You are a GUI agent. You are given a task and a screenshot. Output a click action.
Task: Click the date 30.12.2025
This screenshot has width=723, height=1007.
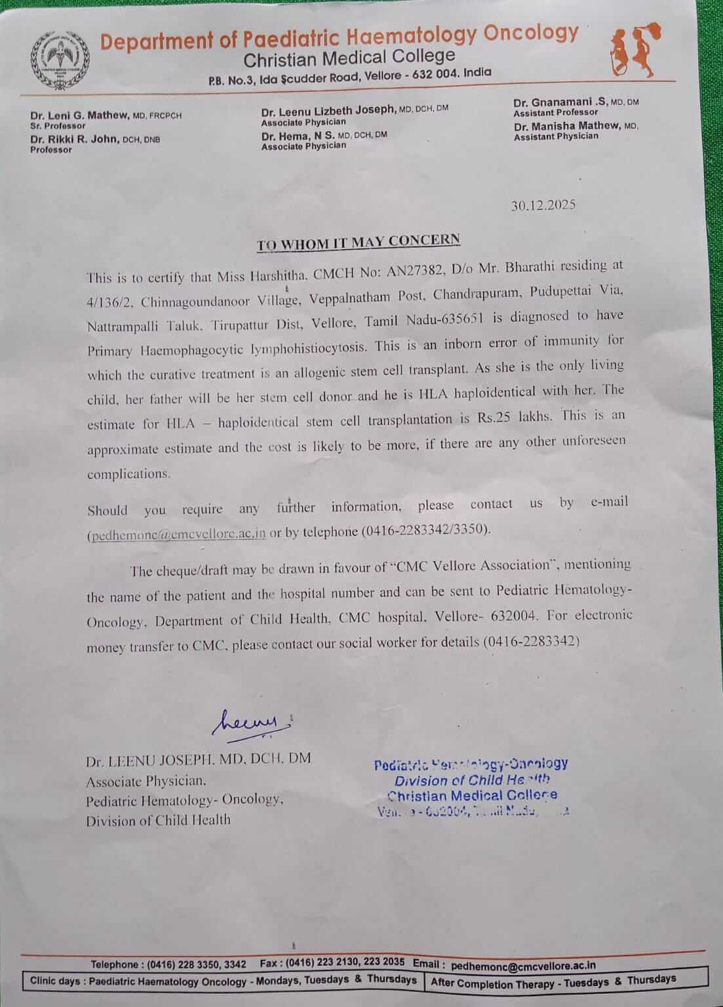543,205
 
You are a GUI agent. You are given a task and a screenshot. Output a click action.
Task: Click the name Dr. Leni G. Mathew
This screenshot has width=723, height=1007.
81,115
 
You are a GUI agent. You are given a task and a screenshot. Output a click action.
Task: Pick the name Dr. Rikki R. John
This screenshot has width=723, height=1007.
75,139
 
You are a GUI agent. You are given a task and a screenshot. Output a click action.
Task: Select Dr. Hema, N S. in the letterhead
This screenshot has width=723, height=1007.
298,136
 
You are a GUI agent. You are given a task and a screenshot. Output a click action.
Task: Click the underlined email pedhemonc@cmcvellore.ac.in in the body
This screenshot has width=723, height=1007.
177,534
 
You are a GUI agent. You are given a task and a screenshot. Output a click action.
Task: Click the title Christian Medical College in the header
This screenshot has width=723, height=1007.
349,58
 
